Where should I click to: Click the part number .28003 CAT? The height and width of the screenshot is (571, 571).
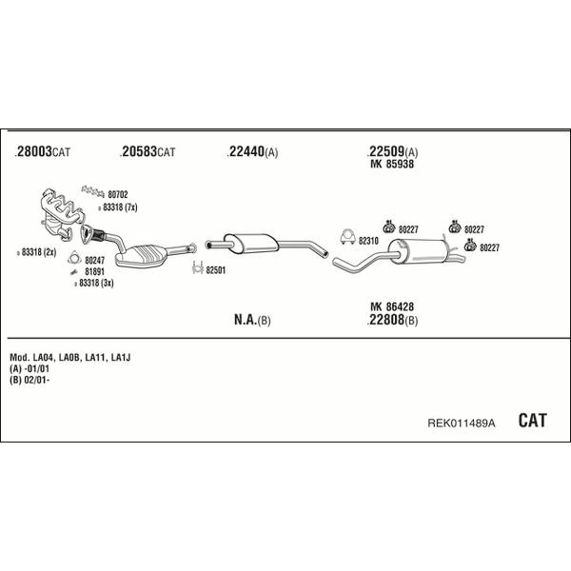(42, 151)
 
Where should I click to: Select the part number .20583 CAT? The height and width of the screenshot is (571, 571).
(148, 151)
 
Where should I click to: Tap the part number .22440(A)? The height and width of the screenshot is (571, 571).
(252, 152)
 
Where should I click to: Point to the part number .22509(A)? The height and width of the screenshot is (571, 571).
(392, 151)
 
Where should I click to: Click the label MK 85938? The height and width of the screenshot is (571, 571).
(392, 165)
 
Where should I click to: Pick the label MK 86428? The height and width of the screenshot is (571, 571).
(392, 306)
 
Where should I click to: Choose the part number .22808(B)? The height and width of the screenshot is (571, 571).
(392, 320)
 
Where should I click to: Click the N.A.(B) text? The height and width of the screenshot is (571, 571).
(252, 320)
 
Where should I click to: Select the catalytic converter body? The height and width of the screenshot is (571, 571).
(141, 256)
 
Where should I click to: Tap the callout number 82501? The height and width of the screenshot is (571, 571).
(216, 270)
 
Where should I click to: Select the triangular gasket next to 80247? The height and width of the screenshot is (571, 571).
(74, 258)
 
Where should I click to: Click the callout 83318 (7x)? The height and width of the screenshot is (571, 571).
(120, 207)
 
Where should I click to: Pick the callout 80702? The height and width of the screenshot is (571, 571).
(118, 195)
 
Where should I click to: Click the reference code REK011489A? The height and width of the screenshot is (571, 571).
(461, 423)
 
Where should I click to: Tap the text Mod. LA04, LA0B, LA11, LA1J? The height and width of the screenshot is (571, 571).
(69, 358)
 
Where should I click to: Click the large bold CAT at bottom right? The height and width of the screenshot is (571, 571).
(532, 421)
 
